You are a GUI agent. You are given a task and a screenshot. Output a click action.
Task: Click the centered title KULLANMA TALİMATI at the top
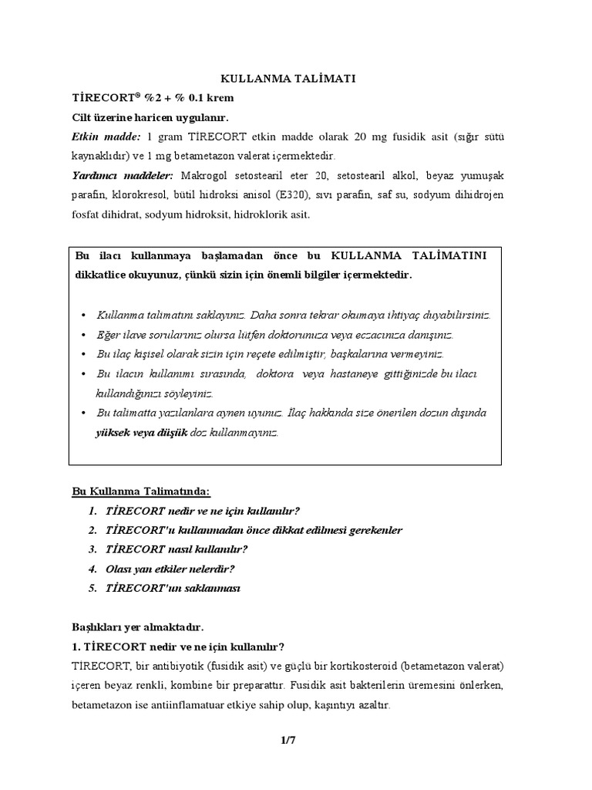click(289, 79)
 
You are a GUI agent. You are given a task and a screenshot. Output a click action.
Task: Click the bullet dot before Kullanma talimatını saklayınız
click(83, 316)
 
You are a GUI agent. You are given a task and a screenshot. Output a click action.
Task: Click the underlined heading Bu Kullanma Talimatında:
click(140, 491)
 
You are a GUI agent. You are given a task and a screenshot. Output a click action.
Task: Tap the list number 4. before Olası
click(92, 569)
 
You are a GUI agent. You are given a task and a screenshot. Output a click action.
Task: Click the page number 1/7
click(289, 741)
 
